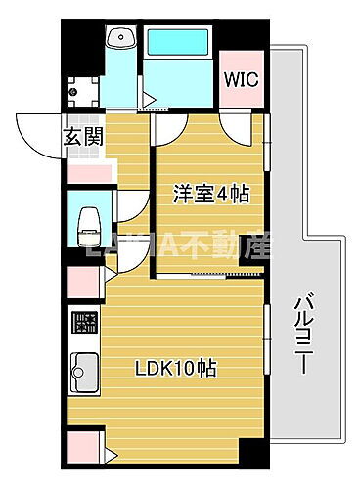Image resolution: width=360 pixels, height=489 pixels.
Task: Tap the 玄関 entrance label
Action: coord(84,137)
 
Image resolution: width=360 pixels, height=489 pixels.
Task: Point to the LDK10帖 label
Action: coord(177,370)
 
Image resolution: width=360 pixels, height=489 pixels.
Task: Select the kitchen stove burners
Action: coord(84,322)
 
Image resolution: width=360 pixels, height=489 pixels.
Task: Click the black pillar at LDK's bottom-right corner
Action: coord(251,452)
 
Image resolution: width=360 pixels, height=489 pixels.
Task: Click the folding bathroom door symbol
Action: coord(148,98)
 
